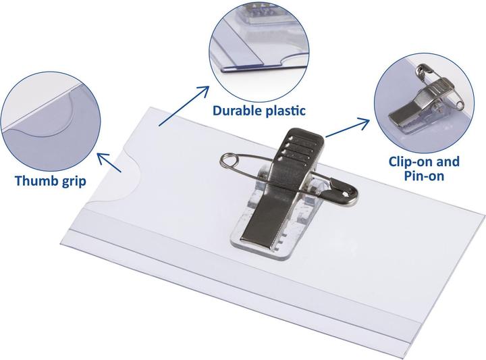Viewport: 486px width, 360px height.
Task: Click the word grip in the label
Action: (x=74, y=182)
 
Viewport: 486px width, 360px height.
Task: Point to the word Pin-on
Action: (x=424, y=176)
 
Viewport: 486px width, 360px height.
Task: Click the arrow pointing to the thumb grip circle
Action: (x=109, y=162)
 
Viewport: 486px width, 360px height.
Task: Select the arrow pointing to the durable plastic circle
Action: (x=184, y=106)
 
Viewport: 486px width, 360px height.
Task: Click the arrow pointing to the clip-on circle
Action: (x=348, y=127)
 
